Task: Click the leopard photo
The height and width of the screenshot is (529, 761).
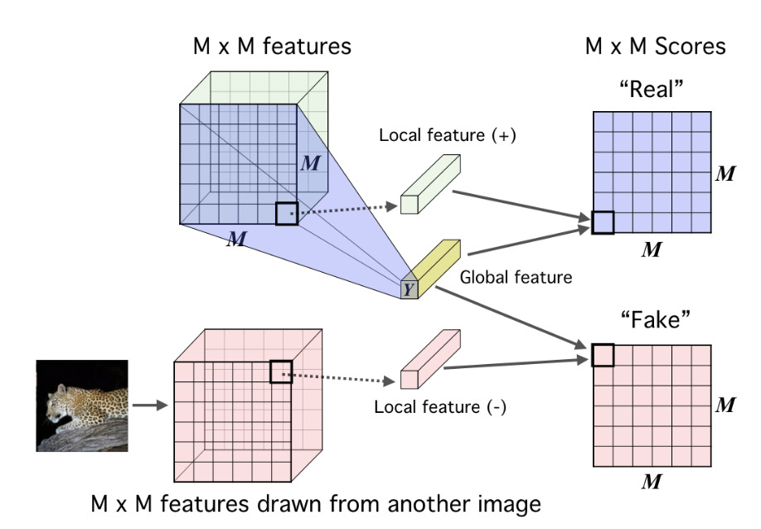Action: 82,405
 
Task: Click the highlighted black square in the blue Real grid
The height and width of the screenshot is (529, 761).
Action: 603,221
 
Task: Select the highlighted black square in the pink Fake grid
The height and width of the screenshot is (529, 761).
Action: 603,355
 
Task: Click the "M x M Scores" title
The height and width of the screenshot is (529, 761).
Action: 655,47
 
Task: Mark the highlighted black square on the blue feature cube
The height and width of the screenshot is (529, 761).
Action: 287,213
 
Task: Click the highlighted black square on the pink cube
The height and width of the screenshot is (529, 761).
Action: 282,371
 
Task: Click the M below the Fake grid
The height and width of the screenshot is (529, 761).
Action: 652,480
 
